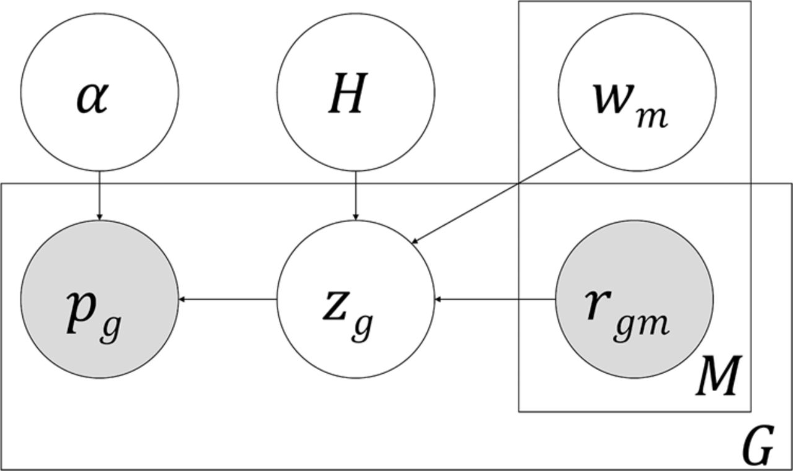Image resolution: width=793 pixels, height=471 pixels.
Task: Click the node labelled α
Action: point(99,93)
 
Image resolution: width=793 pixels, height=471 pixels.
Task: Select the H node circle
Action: point(355,93)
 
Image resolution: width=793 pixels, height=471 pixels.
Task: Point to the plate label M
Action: point(718,377)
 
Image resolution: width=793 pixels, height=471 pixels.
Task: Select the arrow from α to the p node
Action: point(99,195)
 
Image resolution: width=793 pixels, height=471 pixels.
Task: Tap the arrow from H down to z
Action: point(355,195)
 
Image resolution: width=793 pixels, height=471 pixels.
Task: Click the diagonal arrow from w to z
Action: point(496,196)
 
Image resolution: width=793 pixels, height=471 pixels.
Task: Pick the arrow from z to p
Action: point(228,300)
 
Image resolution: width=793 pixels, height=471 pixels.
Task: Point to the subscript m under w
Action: point(651,117)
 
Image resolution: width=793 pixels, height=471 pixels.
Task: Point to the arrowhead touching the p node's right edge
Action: point(182,300)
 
